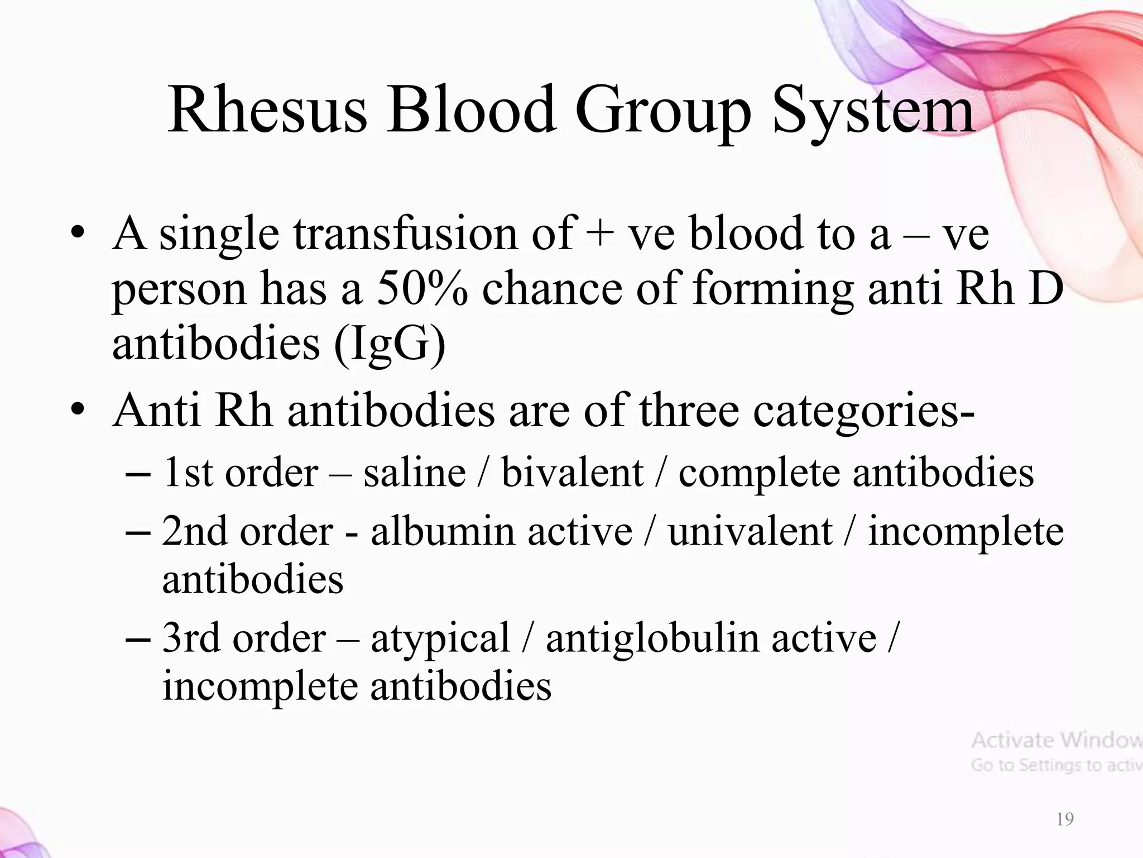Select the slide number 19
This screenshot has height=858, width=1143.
(1065, 819)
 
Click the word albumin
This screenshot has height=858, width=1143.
(442, 531)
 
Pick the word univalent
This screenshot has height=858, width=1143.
(750, 531)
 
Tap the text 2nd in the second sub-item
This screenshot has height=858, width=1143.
(194, 531)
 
